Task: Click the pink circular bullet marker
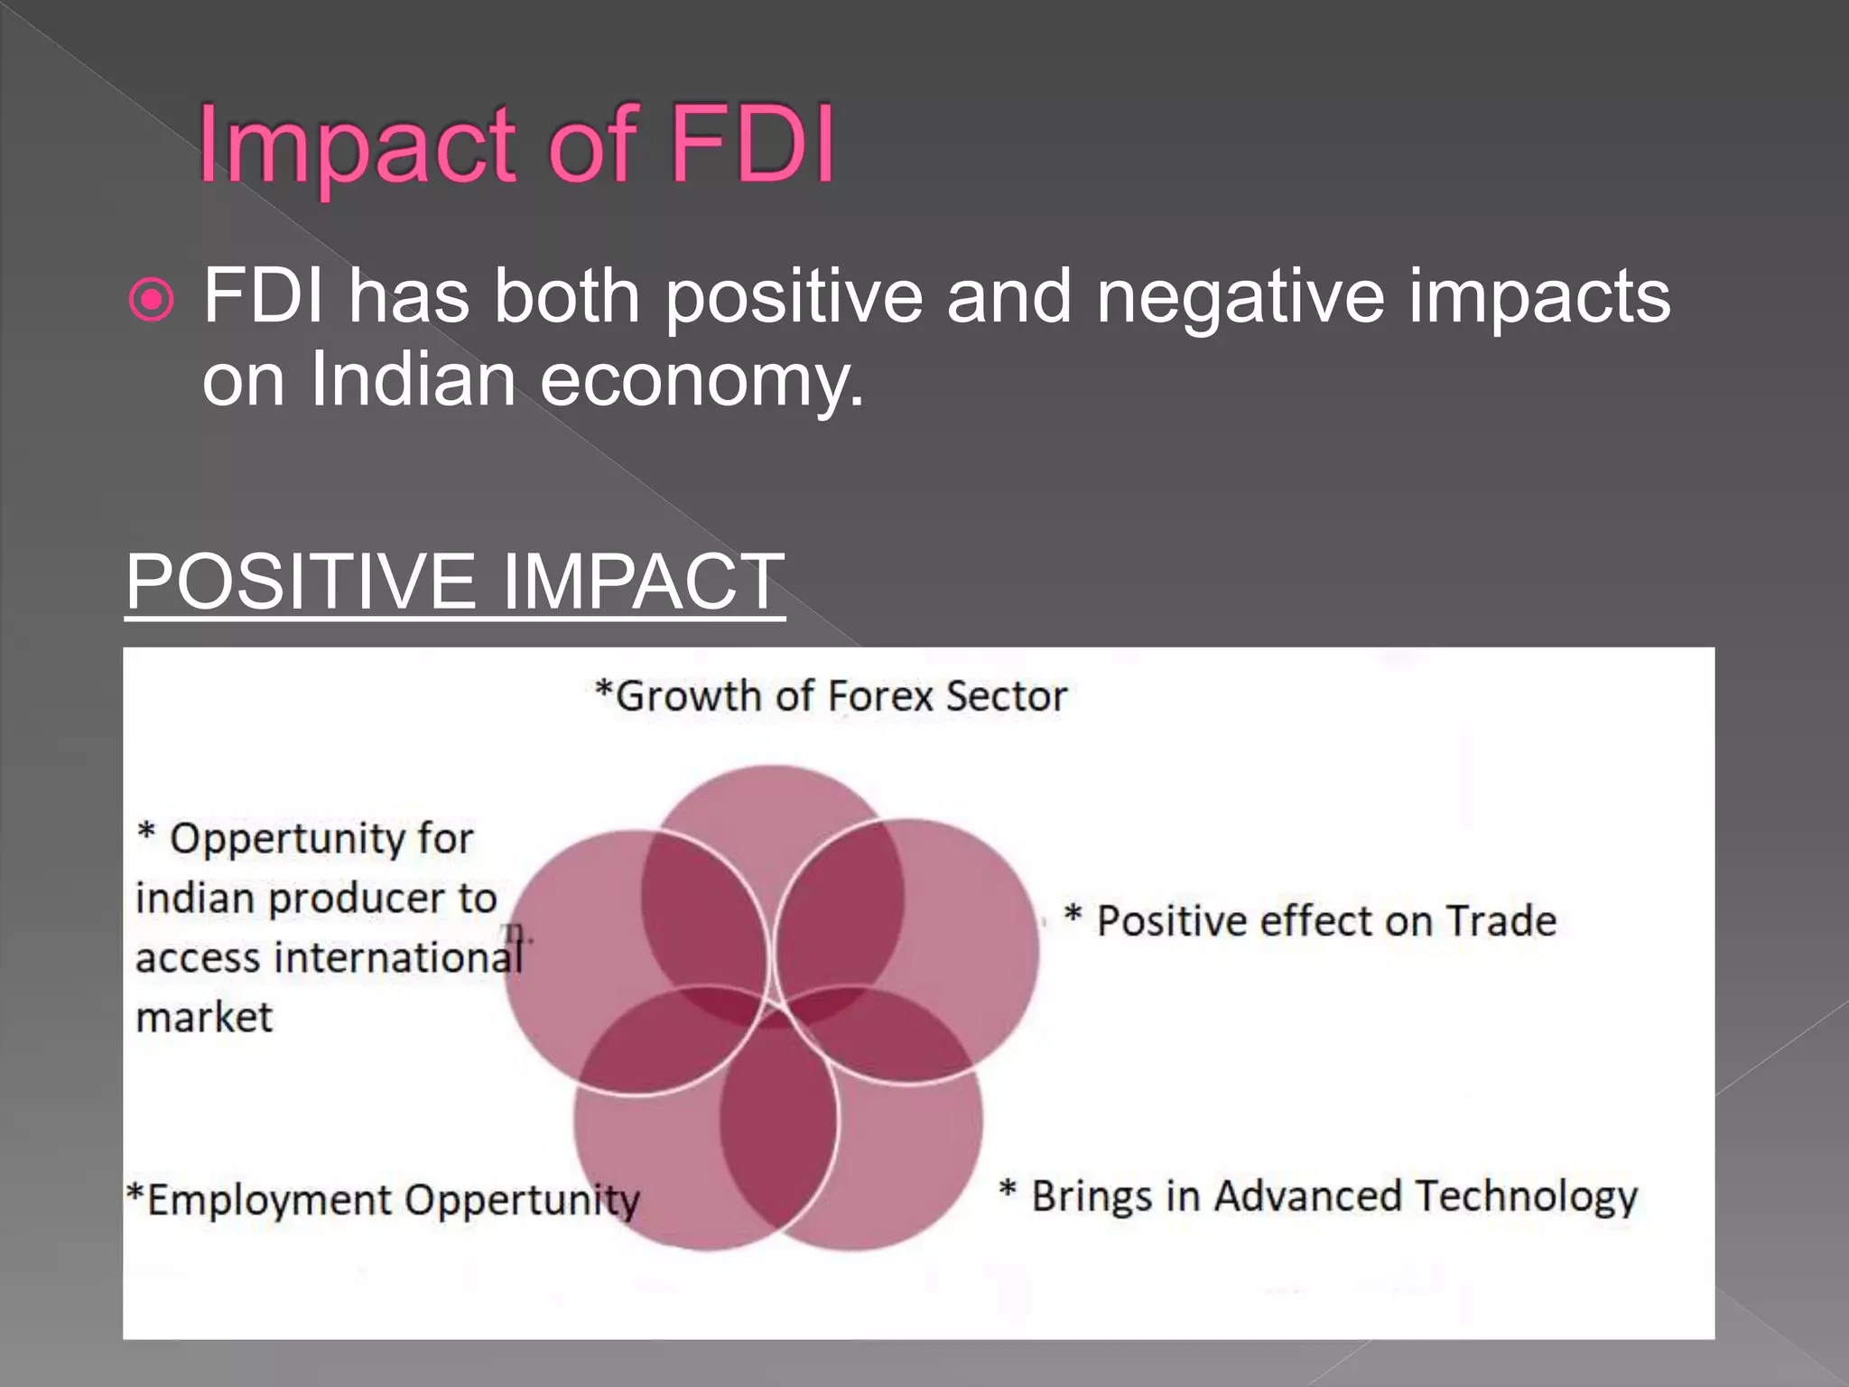[152, 299]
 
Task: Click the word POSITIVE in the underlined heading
[300, 582]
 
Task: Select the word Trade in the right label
[1501, 921]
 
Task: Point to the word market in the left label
[204, 1018]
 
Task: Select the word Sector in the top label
[1007, 696]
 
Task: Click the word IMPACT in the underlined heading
[643, 582]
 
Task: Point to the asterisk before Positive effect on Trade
[1073, 914]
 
